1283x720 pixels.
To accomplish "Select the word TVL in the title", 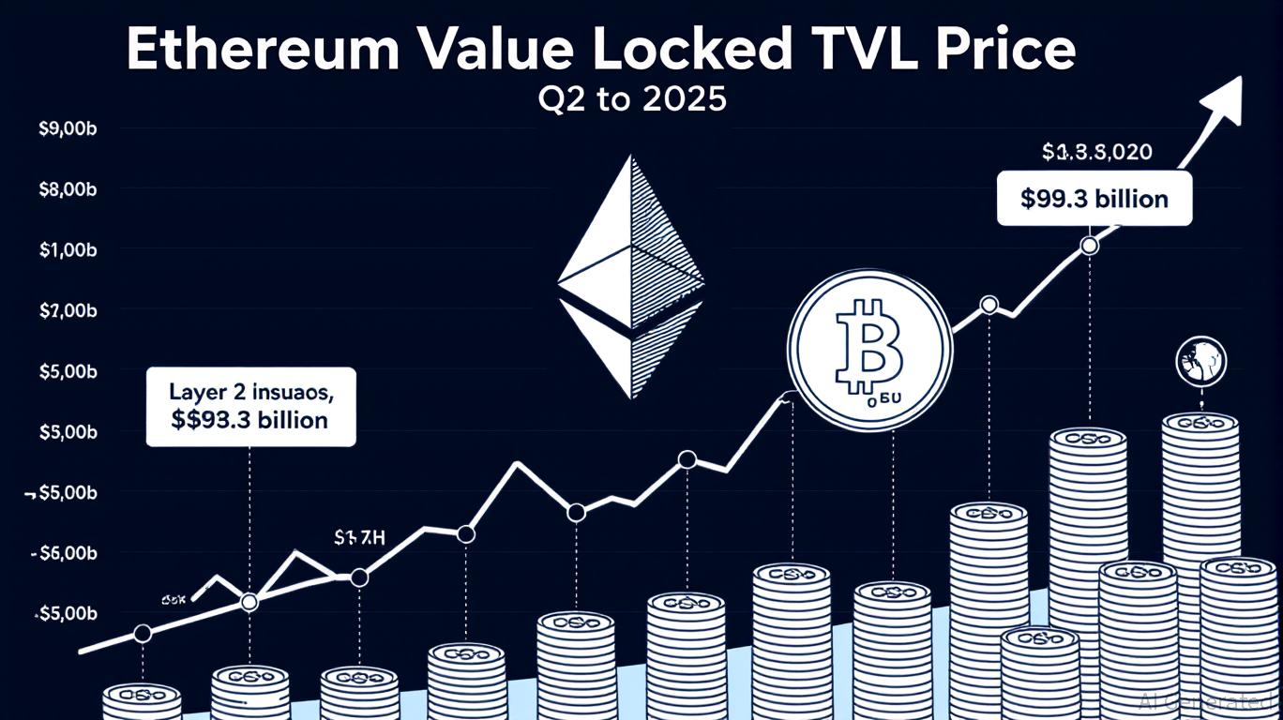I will point(865,51).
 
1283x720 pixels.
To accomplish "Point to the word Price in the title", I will point(1008,51).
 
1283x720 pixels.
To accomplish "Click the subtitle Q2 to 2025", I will point(633,99).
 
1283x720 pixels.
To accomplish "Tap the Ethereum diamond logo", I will point(630,276).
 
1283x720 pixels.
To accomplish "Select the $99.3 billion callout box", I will point(1094,199).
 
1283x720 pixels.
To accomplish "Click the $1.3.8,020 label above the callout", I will point(1096,151).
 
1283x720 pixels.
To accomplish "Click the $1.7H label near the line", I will point(360,537).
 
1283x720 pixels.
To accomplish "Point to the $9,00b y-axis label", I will point(68,130).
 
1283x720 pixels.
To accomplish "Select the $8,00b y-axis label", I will point(68,190).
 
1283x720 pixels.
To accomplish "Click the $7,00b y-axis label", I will point(68,310).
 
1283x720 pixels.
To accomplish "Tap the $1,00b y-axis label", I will point(68,250).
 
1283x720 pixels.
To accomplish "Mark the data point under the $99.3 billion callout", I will point(1089,246).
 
